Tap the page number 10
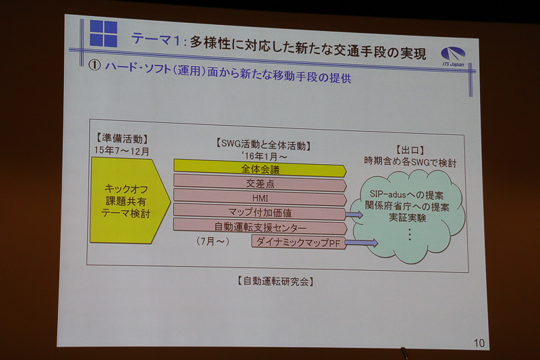point(479,343)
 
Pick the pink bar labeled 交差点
point(260,184)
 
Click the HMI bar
point(260,198)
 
